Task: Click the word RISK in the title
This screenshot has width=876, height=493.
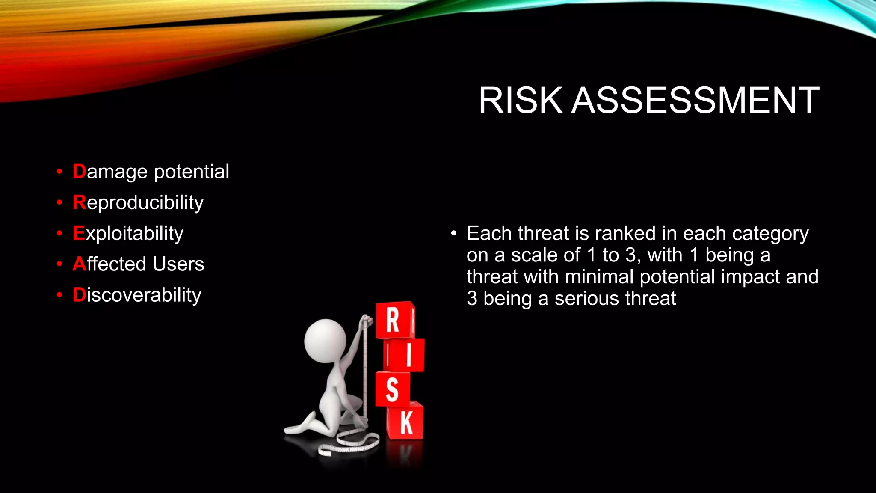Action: point(520,101)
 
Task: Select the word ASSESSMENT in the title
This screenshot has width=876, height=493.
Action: point(695,101)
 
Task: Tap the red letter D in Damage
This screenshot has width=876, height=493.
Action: point(79,171)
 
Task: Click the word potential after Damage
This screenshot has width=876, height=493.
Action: point(192,172)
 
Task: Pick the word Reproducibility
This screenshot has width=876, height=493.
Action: point(138,202)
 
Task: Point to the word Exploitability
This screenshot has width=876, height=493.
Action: point(128,234)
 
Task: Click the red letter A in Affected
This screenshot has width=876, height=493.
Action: point(79,264)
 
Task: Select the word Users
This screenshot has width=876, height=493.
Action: point(178,264)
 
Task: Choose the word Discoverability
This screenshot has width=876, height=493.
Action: point(137,295)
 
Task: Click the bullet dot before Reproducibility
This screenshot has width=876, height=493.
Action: point(59,202)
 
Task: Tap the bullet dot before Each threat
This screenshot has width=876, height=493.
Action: point(453,234)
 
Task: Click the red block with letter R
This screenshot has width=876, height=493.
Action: point(394,320)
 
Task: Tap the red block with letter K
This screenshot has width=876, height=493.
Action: point(405,422)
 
